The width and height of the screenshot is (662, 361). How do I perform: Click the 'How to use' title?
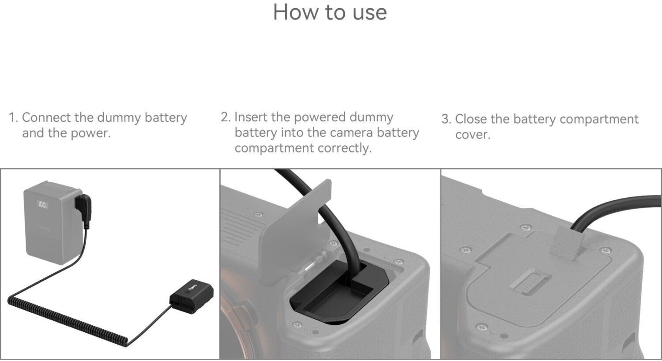[x=330, y=12]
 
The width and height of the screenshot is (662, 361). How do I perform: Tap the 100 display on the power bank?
[x=43, y=204]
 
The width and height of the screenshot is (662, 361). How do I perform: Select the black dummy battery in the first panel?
[x=192, y=296]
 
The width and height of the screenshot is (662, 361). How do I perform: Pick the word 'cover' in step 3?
[x=473, y=135]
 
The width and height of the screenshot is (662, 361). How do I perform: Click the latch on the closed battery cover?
[x=530, y=282]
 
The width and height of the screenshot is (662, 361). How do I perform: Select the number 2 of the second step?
[x=225, y=117]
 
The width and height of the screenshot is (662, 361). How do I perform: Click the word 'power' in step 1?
[x=90, y=134]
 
